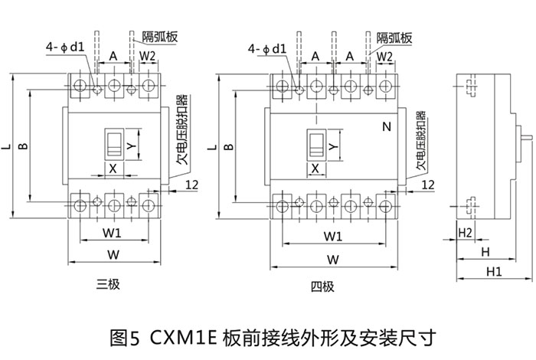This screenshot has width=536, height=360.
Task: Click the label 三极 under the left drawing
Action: [108, 285]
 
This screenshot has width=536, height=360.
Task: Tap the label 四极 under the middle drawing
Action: [322, 287]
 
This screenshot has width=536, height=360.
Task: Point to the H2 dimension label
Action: [465, 232]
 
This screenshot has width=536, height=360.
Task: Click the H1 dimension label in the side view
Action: [493, 271]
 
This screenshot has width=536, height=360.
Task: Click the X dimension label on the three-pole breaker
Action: [113, 167]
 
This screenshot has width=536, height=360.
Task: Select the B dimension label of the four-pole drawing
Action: [227, 146]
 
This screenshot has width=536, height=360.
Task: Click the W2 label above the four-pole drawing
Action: [384, 57]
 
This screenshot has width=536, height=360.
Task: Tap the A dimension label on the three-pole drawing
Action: [113, 57]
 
